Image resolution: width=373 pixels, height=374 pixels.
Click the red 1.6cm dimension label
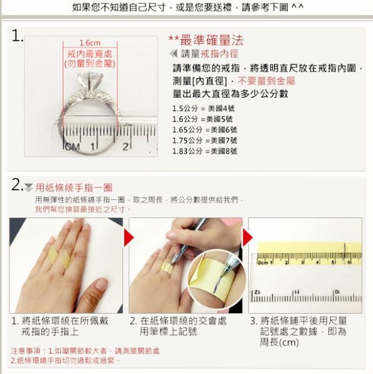[x=90, y=43]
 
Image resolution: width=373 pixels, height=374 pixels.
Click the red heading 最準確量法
[x=211, y=40]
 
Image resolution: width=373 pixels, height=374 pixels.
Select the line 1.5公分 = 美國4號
[x=203, y=109]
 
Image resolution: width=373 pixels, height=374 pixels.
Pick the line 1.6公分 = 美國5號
[x=203, y=119]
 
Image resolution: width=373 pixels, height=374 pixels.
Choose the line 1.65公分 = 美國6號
[x=205, y=130]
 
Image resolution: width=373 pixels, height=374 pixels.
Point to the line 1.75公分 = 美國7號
[x=205, y=140]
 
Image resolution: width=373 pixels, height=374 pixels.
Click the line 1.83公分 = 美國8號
[x=205, y=151]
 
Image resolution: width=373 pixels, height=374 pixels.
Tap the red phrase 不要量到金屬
[x=266, y=81]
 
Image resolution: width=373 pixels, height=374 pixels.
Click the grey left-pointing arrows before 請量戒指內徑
[x=173, y=53]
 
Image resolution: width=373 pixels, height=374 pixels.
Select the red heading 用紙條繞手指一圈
[x=74, y=188]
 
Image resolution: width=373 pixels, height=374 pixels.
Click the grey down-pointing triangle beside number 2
[x=29, y=188]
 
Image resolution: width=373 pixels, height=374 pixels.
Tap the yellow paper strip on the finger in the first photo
[x=59, y=257]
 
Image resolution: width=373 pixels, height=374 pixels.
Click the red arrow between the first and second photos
[x=129, y=237]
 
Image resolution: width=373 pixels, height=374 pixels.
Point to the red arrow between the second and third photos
[x=247, y=237]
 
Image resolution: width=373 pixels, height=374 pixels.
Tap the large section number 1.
[x=17, y=36]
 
